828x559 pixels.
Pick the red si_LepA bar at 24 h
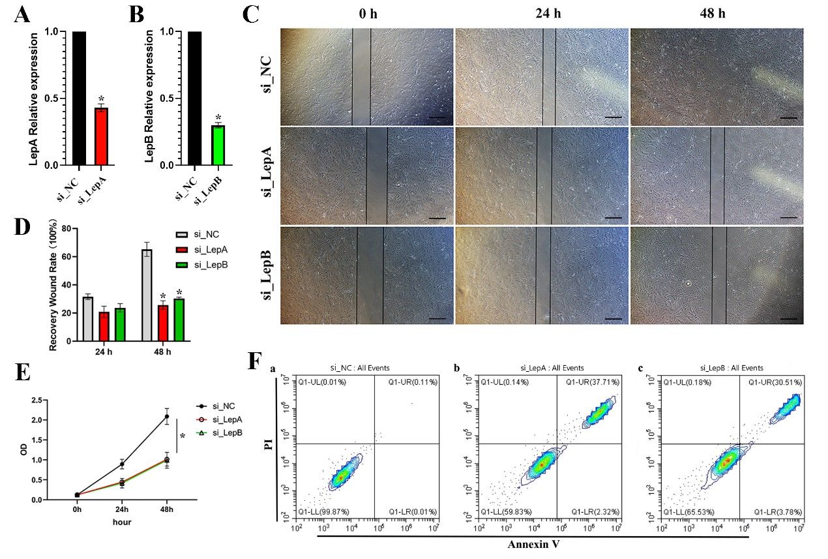click(x=104, y=327)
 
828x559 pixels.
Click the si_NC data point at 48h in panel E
click(x=166, y=416)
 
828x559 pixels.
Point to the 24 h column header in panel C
click(x=540, y=14)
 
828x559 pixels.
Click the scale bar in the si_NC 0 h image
click(x=437, y=119)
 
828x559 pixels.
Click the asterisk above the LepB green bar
click(x=218, y=118)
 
